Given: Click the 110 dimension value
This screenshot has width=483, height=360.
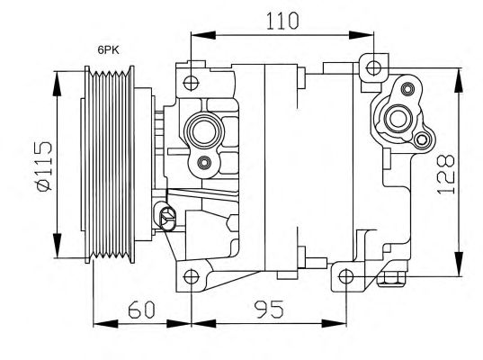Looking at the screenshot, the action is click(x=282, y=21).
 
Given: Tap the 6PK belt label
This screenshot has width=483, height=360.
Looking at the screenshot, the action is click(x=109, y=49).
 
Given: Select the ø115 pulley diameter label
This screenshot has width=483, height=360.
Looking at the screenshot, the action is click(x=43, y=166).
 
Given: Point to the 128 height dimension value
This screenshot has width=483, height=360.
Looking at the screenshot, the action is click(x=446, y=174).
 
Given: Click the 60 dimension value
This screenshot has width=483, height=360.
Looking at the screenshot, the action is click(x=141, y=310).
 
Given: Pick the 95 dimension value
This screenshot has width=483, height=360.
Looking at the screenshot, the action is click(x=269, y=310).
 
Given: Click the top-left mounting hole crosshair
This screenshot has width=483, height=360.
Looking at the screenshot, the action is click(x=191, y=83).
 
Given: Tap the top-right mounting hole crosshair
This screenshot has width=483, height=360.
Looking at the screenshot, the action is click(x=373, y=68).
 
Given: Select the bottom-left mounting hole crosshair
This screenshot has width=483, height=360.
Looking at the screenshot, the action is click(x=191, y=276).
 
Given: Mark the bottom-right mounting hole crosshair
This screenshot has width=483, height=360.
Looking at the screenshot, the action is click(x=346, y=276).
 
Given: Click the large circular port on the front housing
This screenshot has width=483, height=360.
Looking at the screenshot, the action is click(x=202, y=130).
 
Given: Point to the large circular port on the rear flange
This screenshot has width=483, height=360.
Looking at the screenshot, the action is click(x=398, y=119).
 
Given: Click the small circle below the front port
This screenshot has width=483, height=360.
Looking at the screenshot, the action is click(x=204, y=163).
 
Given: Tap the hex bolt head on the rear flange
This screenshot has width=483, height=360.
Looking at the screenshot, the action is click(x=422, y=140).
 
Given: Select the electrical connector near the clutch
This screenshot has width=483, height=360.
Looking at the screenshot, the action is click(x=166, y=215).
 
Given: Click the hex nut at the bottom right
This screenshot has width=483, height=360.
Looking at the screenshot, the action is click(x=391, y=279).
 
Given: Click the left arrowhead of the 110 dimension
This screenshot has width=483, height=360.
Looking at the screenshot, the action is click(x=203, y=35).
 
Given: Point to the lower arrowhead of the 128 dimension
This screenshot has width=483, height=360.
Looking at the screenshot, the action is click(x=459, y=263).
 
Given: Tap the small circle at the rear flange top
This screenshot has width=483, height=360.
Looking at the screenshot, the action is click(x=407, y=89).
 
